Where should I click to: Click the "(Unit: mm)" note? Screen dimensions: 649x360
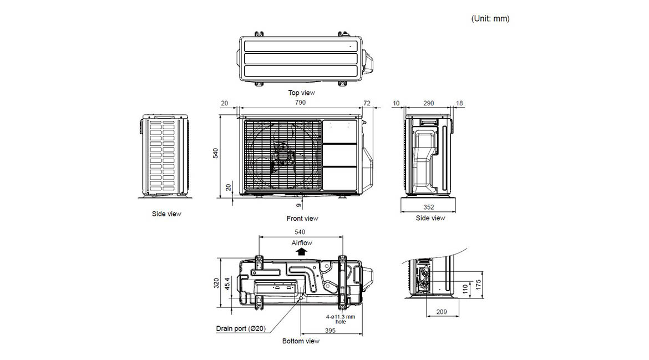coord(490,19)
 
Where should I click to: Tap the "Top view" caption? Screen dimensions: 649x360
coord(301,93)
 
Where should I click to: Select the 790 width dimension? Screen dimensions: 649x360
coord(300,103)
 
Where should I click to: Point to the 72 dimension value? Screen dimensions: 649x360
coord(367,103)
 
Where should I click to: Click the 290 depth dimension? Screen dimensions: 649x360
coord(428,103)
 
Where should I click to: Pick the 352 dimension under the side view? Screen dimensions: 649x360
coord(428,207)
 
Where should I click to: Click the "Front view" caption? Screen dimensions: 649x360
coord(302,218)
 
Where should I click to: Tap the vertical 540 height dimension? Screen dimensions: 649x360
coord(216,153)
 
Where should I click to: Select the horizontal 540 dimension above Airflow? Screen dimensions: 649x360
coord(300,232)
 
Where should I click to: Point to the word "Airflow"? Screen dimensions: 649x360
coord(302,243)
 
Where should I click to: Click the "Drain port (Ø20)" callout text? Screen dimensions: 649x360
coord(241,328)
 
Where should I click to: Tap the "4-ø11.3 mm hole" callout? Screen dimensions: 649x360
coord(340,319)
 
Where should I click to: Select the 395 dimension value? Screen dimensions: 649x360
coord(330,330)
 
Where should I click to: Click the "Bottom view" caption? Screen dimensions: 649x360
coord(301,341)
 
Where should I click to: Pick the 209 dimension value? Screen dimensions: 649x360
coord(442,312)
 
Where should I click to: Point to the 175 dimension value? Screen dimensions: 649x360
coord(479,284)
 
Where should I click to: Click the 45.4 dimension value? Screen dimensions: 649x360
coord(227,283)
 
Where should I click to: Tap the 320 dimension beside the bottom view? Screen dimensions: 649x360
coord(216,283)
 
